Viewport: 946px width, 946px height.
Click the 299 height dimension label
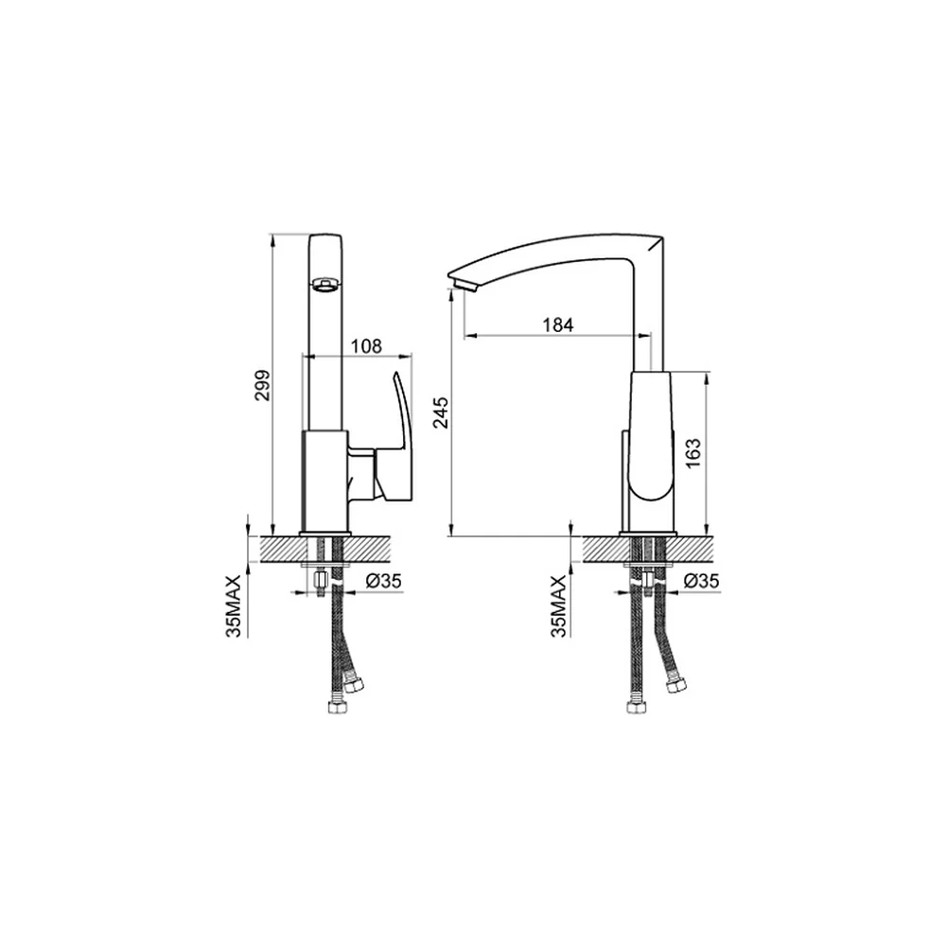pos(262,386)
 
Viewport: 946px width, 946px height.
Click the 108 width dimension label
pos(366,346)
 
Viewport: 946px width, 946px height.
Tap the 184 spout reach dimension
pos(557,324)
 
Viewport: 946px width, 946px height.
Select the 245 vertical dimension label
pos(441,412)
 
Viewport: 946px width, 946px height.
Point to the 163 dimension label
pos(693,453)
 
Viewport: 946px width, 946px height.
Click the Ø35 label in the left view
pos(384,581)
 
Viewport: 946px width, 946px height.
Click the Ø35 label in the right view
pos(702,581)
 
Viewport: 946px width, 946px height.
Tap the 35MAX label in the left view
pos(233,605)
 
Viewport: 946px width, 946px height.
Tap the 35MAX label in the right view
pos(559,605)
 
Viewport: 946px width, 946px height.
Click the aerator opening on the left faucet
pos(324,284)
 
